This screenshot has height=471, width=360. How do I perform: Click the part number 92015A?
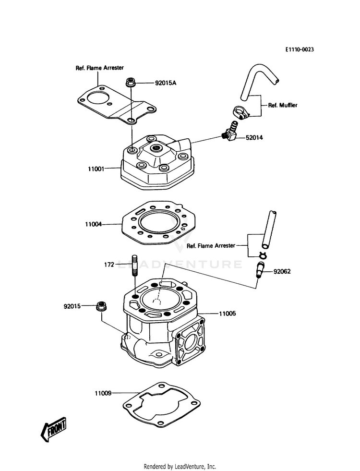click(166, 83)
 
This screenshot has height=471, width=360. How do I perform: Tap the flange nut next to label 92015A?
click(130, 82)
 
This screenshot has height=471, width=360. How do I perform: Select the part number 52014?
click(254, 138)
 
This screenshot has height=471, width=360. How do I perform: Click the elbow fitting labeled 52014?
click(230, 131)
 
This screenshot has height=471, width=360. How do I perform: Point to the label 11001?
click(96, 169)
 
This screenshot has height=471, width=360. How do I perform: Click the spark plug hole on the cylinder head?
click(156, 147)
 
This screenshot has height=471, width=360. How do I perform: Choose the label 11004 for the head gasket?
click(94, 224)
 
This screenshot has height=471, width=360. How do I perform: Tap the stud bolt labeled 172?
click(135, 266)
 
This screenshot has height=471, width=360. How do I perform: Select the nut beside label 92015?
click(101, 307)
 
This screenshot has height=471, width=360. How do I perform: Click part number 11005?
click(228, 314)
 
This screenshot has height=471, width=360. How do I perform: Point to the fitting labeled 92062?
click(259, 269)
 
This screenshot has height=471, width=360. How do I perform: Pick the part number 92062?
click(282, 272)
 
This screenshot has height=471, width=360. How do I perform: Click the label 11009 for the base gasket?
click(103, 393)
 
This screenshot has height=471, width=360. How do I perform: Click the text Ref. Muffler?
click(283, 105)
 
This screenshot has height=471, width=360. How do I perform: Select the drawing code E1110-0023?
click(300, 49)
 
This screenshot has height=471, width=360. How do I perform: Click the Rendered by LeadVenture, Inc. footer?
click(180, 467)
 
